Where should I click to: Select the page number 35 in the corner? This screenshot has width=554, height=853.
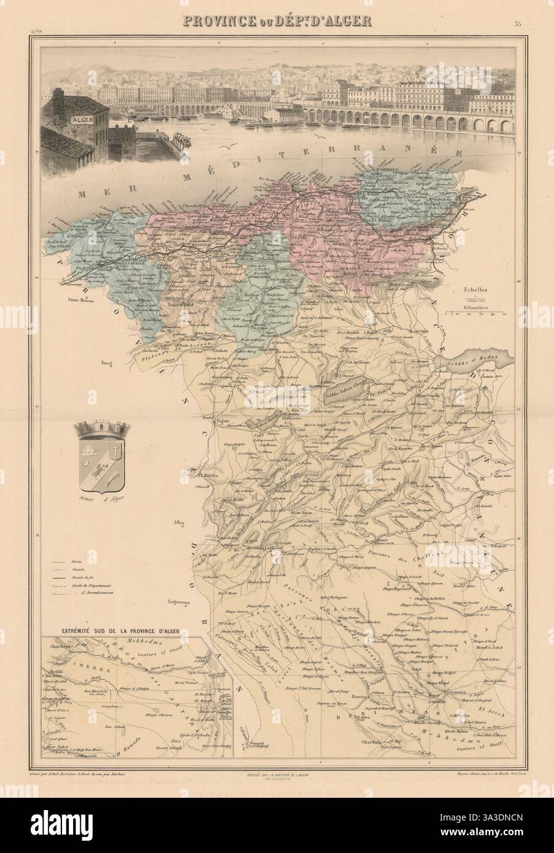[x=518, y=7]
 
